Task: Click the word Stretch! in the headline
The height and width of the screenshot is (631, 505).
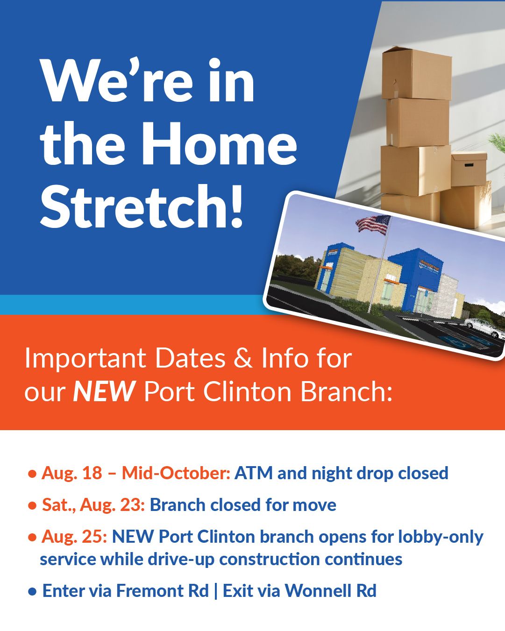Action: pyautogui.click(x=142, y=206)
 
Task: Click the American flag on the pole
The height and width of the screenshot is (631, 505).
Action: pyautogui.click(x=373, y=225)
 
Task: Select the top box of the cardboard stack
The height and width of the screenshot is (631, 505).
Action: pyautogui.click(x=416, y=74)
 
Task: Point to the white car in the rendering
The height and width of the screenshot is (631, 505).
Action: pyautogui.click(x=484, y=328)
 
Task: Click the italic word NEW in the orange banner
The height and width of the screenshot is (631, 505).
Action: pyautogui.click(x=104, y=392)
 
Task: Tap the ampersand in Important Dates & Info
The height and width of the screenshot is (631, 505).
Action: pyautogui.click(x=243, y=358)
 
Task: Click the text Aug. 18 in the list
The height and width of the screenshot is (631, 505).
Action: pyautogui.click(x=72, y=473)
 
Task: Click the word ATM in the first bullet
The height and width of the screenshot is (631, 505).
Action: pyautogui.click(x=253, y=473)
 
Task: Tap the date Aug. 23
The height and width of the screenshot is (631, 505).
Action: pyautogui.click(x=112, y=505)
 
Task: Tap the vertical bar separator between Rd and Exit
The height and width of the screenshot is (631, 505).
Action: pyautogui.click(x=216, y=591)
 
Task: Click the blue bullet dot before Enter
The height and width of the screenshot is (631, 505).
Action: pyautogui.click(x=32, y=592)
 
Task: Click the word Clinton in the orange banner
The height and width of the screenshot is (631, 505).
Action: pyautogui.click(x=247, y=392)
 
